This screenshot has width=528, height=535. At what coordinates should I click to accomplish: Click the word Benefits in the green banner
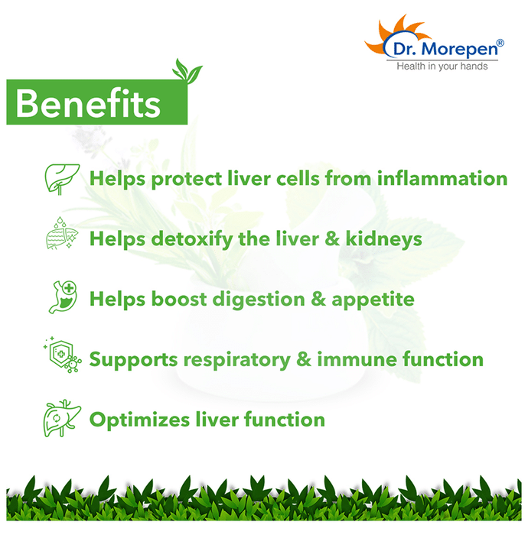[x=88, y=103]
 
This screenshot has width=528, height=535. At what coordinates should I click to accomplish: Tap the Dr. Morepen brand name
[x=445, y=49]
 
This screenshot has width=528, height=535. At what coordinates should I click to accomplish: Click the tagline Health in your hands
[x=442, y=66]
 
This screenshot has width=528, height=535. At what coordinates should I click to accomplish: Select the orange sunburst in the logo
[x=396, y=34]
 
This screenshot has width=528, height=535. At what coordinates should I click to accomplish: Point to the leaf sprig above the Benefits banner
[x=187, y=71]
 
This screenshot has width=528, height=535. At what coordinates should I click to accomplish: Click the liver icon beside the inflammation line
[x=62, y=179]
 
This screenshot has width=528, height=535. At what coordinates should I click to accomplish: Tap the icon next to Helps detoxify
[x=62, y=232]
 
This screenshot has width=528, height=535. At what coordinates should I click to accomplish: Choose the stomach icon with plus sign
[x=63, y=297]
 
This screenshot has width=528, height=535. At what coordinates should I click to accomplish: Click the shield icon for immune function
[x=63, y=355]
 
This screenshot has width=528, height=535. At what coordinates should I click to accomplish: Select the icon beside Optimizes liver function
[x=62, y=418]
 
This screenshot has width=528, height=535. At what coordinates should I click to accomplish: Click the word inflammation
[x=442, y=178]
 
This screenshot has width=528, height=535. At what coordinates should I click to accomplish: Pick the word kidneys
[x=384, y=238]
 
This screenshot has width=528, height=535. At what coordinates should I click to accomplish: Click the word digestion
[x=259, y=300]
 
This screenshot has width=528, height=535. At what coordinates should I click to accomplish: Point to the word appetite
[x=373, y=300]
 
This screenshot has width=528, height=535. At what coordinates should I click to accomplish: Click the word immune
[x=357, y=359]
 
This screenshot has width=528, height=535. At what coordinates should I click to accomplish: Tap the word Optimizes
[x=139, y=420]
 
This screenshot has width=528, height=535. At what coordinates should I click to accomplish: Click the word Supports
[x=134, y=360]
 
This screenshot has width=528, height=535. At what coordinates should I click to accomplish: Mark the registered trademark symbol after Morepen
[x=500, y=43]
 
